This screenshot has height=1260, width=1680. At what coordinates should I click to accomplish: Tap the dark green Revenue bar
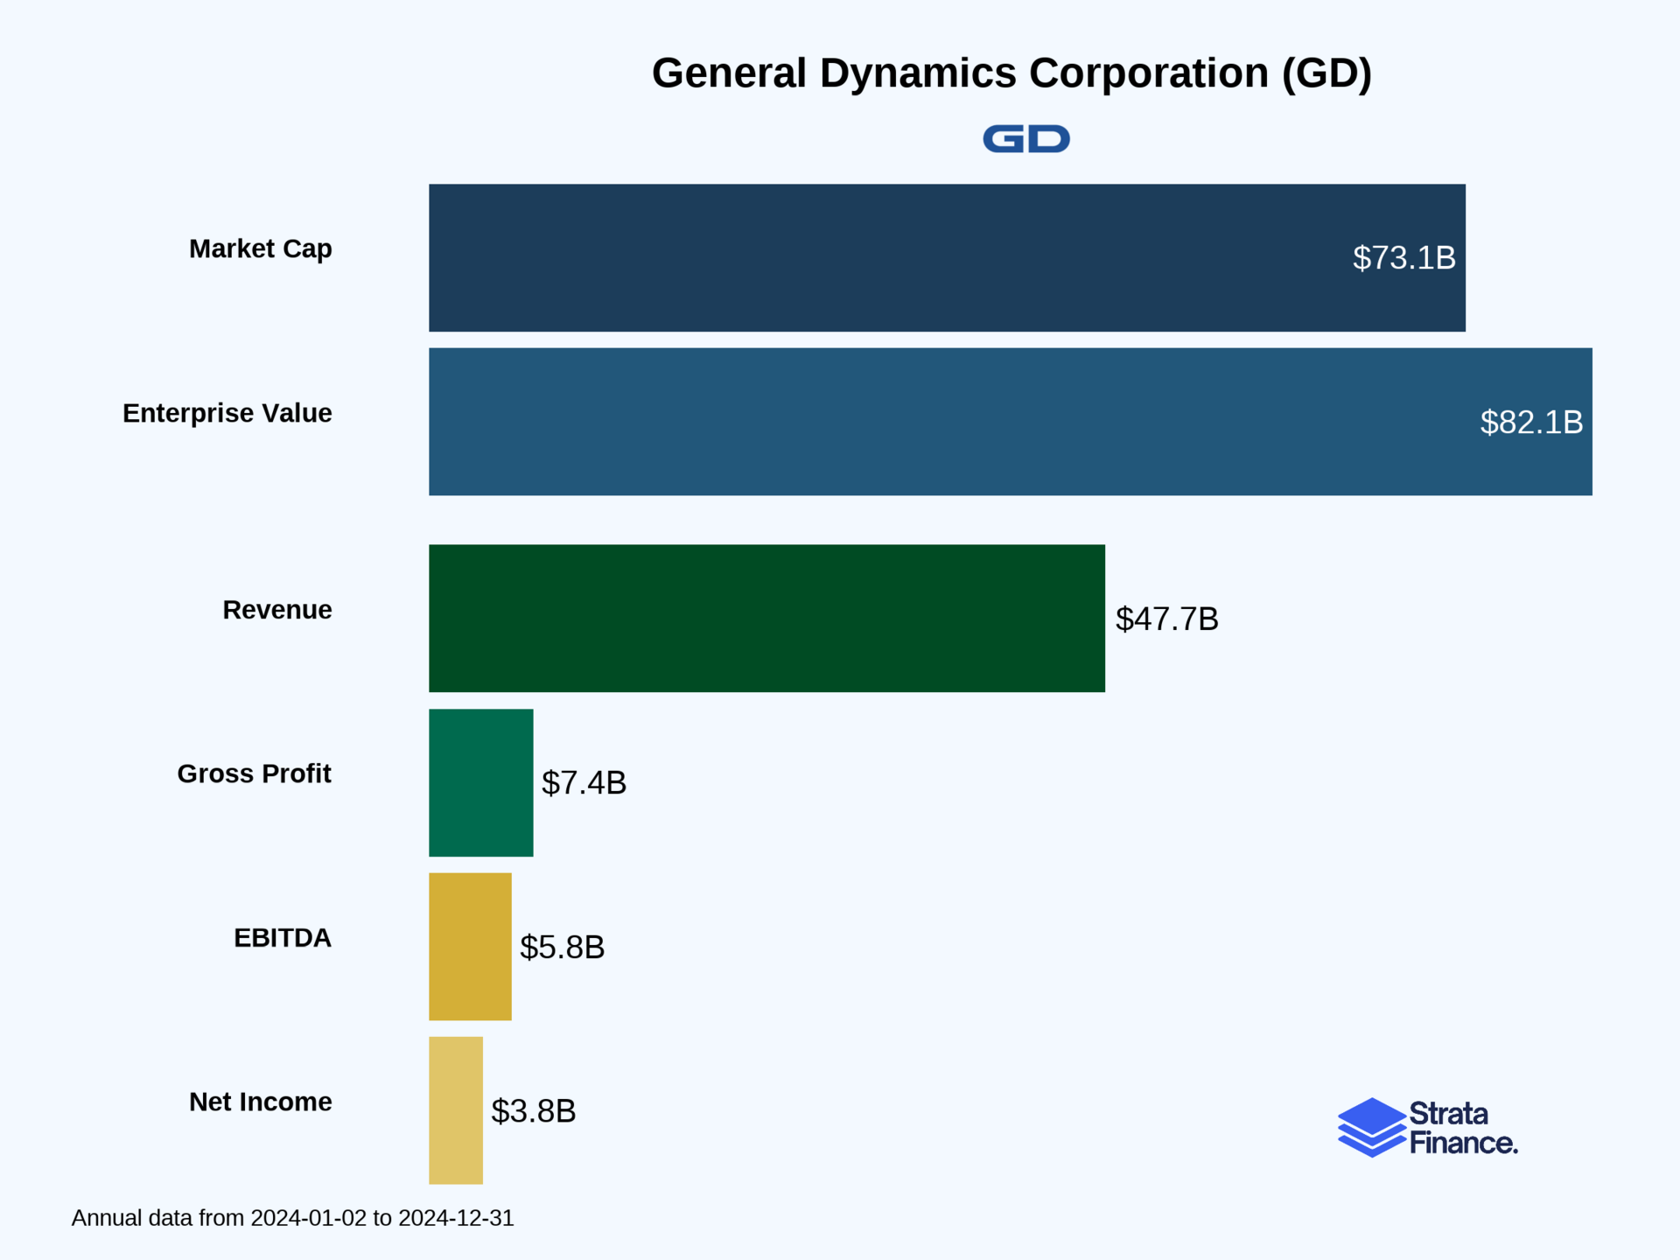(x=766, y=618)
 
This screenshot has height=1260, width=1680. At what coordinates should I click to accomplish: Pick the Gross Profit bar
(x=480, y=782)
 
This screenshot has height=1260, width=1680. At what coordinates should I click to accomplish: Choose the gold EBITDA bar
(x=470, y=946)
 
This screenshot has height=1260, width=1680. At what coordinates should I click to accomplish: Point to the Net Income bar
(x=455, y=1110)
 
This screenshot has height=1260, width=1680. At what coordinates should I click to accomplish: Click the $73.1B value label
(x=1403, y=258)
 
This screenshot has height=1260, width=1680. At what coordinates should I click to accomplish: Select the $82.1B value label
(x=1530, y=423)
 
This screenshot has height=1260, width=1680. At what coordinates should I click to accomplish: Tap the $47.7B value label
(x=1166, y=619)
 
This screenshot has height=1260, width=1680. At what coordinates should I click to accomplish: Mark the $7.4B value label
(x=584, y=782)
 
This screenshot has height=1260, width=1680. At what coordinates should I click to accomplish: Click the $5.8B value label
(x=562, y=947)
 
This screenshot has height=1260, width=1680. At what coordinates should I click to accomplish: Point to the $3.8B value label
(x=533, y=1111)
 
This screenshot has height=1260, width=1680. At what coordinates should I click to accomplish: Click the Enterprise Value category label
(x=227, y=413)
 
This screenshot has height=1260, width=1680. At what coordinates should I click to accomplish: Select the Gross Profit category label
(x=254, y=773)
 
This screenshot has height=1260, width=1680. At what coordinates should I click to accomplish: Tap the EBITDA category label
(x=282, y=937)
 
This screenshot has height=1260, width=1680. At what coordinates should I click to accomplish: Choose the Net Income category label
(x=260, y=1102)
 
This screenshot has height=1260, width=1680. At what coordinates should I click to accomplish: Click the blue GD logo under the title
(x=1025, y=139)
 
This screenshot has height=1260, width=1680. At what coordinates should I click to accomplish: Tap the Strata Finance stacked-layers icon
(x=1371, y=1127)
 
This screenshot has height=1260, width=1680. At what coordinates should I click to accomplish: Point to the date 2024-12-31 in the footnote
(x=455, y=1218)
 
